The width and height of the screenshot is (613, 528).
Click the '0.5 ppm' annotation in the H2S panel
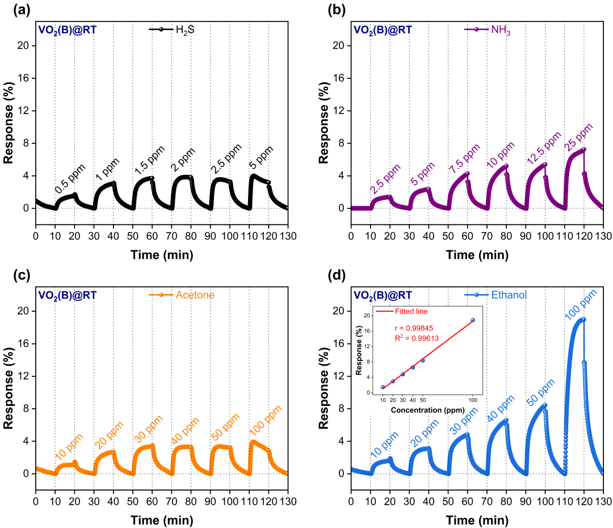[x=68, y=181]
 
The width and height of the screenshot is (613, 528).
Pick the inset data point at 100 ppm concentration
[x=472, y=320]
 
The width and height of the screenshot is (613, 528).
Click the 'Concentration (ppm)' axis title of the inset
[x=427, y=409]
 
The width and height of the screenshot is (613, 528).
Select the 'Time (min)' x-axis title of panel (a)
[x=162, y=254]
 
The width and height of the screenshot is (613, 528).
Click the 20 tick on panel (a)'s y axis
[x=24, y=46]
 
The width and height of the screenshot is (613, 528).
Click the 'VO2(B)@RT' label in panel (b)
[x=383, y=30]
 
